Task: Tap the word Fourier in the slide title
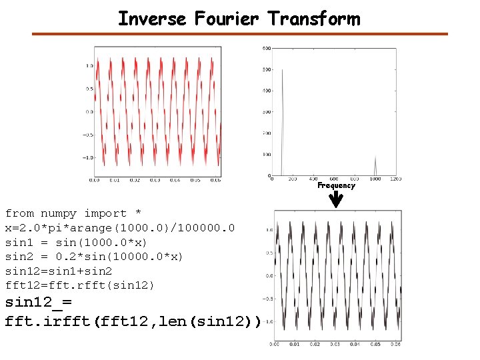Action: (226, 18)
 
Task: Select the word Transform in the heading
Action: (314, 18)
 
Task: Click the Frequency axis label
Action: (336, 186)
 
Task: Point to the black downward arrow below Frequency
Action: (337, 200)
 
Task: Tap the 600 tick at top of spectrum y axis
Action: (265, 48)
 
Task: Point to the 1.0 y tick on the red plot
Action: (89, 65)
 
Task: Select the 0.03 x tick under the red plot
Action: (155, 180)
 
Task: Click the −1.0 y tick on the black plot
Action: (267, 321)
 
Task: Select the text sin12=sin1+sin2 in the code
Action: (59, 271)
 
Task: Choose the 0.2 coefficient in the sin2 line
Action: (61, 257)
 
